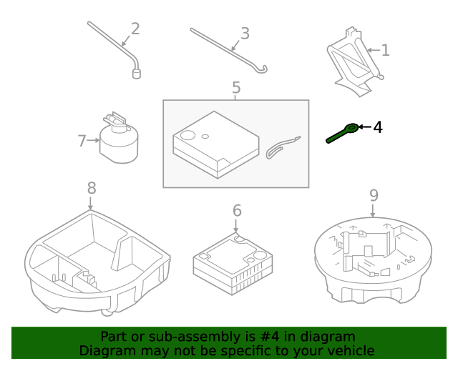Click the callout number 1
pyautogui.click(x=385, y=50)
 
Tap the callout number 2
pyautogui.click(x=135, y=29)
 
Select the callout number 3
pyautogui.click(x=245, y=34)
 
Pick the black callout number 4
pyautogui.click(x=378, y=127)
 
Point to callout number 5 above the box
pyautogui.click(x=236, y=88)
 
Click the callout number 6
pyautogui.click(x=237, y=211)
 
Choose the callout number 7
pyautogui.click(x=82, y=141)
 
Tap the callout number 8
pyautogui.click(x=91, y=188)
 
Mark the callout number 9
pyautogui.click(x=374, y=195)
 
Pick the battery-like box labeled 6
pyautogui.click(x=233, y=263)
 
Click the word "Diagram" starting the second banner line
pyautogui.click(x=105, y=350)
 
